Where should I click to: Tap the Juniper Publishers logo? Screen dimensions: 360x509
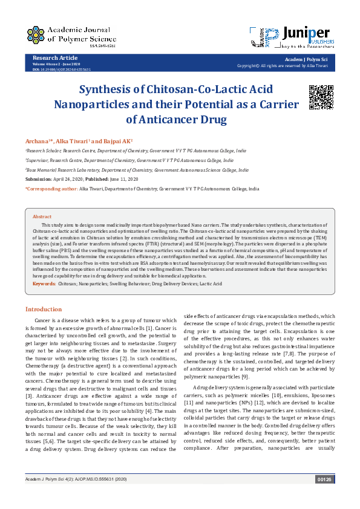tap(292, 36)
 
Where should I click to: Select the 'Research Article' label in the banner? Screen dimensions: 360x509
tap(51, 58)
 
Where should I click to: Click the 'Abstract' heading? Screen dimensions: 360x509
tap(42, 216)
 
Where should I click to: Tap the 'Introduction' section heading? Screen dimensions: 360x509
tap(43, 309)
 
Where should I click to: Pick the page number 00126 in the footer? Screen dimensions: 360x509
tap(324, 496)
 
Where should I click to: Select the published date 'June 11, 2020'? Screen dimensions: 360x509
tap(124, 180)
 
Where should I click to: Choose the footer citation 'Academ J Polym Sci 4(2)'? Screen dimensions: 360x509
tap(47, 496)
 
